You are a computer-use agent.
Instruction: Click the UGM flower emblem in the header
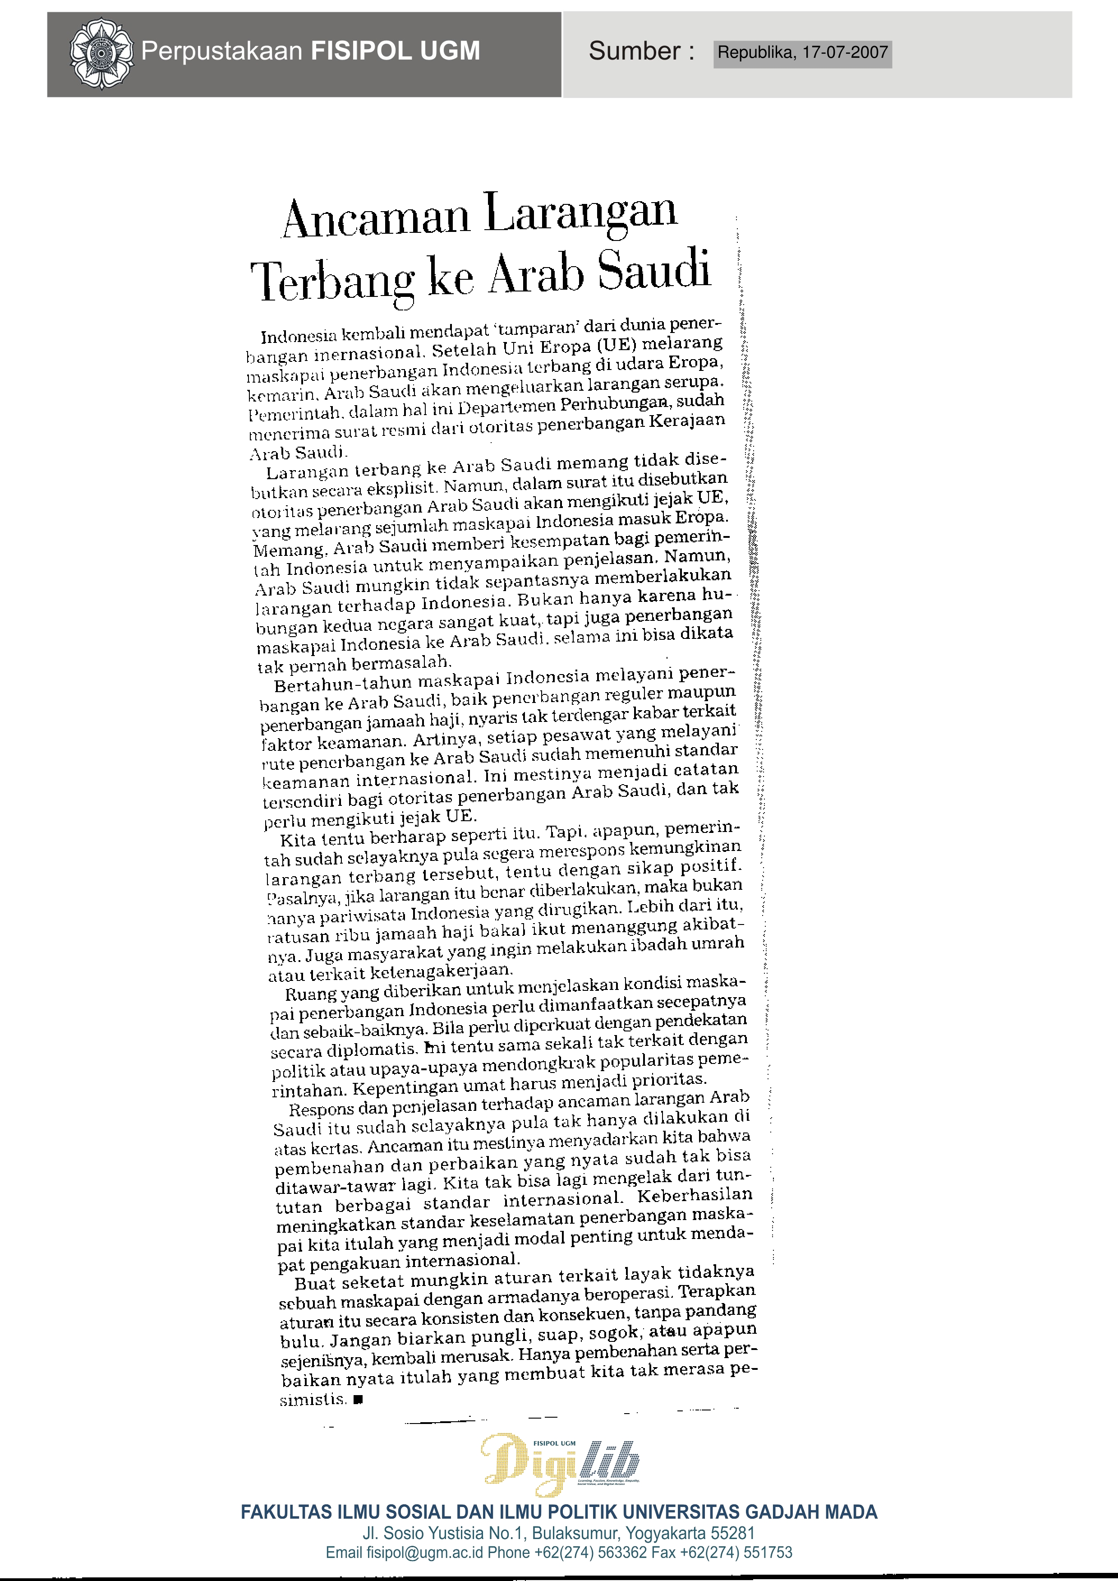pos(101,53)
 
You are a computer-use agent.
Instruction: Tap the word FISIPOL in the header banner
pos(354,51)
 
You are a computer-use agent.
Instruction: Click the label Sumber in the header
pos(634,51)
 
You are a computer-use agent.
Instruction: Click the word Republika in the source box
pos(755,53)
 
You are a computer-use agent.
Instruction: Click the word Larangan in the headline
pos(580,212)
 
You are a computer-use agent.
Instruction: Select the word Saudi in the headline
pos(653,269)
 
